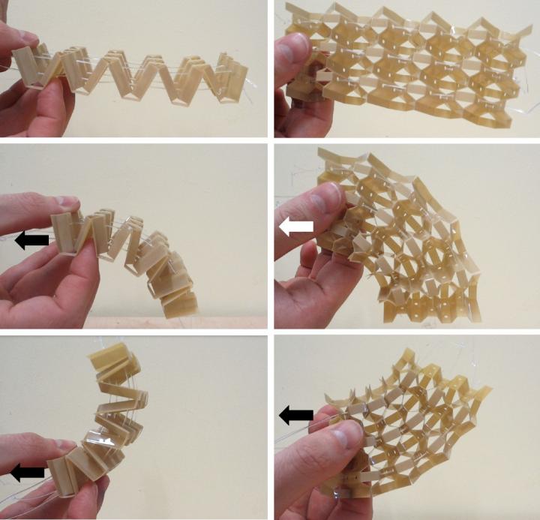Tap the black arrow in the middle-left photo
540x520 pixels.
(31, 240)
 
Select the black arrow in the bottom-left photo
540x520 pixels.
(26, 472)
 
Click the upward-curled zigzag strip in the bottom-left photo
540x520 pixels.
(105, 420)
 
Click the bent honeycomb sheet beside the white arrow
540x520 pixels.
(405, 240)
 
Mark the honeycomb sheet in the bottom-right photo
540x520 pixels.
(420, 428)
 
